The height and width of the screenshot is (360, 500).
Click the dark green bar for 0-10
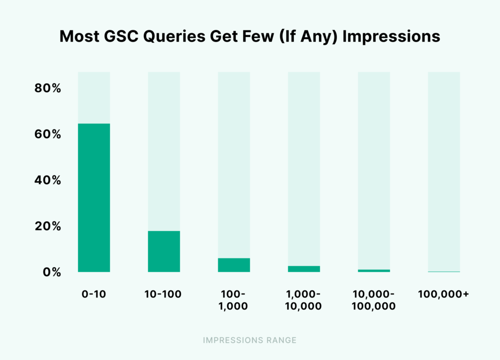pos(94,198)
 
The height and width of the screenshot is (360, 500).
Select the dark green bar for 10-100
pos(164,252)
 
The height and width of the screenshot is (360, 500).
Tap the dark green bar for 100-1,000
pos(234,265)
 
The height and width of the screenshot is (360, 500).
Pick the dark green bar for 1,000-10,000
pos(304,269)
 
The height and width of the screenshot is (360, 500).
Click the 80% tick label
pos(47,88)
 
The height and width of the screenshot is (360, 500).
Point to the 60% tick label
pos(47,134)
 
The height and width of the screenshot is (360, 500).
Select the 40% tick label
pos(47,180)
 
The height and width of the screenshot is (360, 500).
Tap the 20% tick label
pos(47,226)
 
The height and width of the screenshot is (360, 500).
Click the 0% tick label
pos(50,272)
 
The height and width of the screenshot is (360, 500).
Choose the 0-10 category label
pos(94,295)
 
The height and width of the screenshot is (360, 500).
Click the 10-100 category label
pos(164,295)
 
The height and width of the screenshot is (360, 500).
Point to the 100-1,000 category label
pos(234,300)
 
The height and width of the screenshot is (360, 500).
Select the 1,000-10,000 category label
pos(304,300)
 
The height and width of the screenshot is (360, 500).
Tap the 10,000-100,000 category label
pos(374,300)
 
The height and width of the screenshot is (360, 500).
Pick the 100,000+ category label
pos(444,295)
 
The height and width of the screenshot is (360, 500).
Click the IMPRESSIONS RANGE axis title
pos(250,340)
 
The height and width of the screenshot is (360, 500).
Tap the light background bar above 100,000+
pos(444,171)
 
